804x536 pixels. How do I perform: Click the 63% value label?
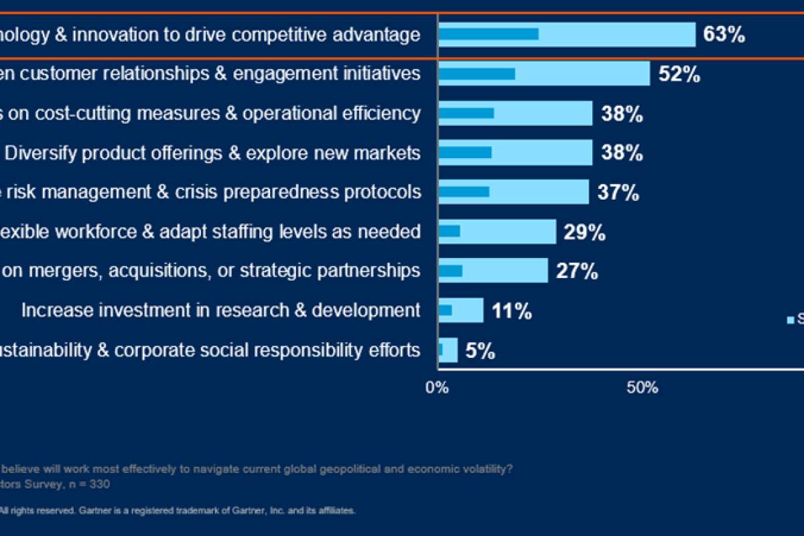[724, 35]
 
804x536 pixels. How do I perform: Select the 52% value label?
[679, 74]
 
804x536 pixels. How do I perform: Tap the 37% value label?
[618, 193]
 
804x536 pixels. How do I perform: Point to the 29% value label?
[584, 232]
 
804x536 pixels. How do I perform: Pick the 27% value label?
[576, 271]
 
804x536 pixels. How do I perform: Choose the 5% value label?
[480, 350]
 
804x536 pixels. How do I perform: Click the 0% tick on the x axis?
[438, 387]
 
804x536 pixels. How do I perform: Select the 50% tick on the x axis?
[642, 387]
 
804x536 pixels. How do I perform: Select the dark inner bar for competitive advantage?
[488, 34]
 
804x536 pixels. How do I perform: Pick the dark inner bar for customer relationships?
[477, 74]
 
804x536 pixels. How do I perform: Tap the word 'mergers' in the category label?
[68, 271]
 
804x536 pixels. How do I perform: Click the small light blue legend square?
[790, 320]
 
